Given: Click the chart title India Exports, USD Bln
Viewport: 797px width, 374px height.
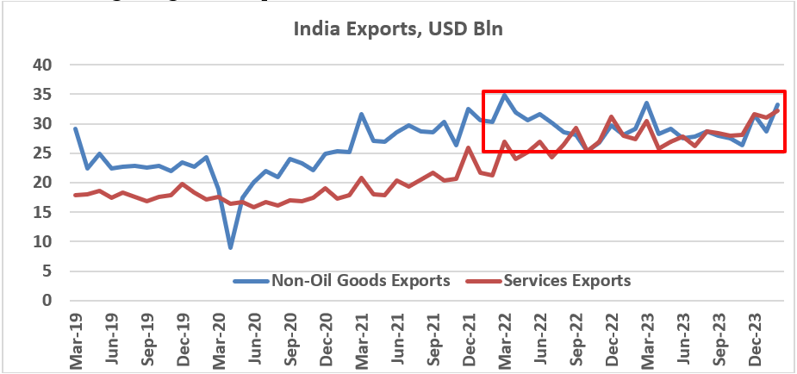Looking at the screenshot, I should (x=398, y=29).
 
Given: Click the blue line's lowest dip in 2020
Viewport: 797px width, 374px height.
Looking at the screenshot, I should (x=230, y=247).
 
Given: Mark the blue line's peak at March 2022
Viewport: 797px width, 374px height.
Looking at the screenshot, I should (x=504, y=95).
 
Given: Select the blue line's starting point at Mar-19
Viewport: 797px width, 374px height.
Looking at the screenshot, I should (x=76, y=128).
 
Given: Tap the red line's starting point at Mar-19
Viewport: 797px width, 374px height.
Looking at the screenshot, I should (x=76, y=195).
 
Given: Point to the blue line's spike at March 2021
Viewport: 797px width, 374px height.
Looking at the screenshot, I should (x=361, y=114).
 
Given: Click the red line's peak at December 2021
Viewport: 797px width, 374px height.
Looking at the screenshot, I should (x=468, y=147).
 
